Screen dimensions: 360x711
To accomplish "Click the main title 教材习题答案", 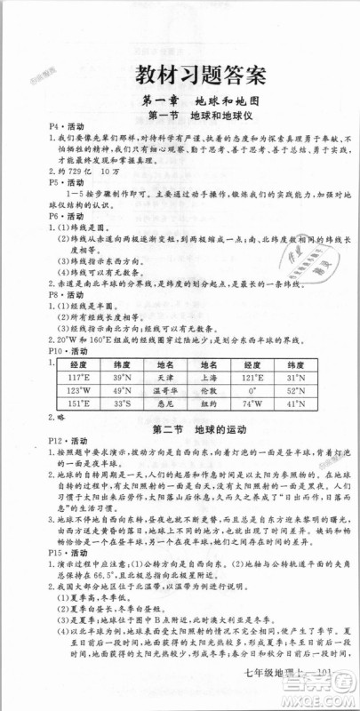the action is click(x=180, y=75).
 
